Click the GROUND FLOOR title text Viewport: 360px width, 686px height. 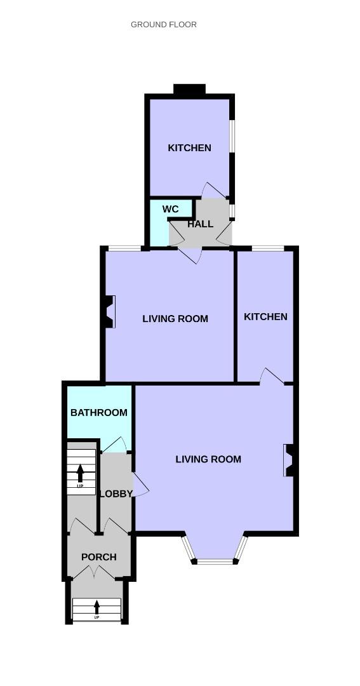coord(164,25)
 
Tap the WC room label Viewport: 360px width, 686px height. coord(170,209)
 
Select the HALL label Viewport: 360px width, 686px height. coord(201,224)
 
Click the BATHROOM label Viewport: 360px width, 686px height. coord(99,412)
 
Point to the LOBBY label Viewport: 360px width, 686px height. coord(116,494)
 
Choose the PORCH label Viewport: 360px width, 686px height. coord(99,557)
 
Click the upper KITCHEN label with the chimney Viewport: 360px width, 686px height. coord(189,148)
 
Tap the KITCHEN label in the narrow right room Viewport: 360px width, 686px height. coord(265,316)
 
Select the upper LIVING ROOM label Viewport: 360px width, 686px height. coord(175,318)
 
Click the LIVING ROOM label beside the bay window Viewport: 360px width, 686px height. coord(208,459)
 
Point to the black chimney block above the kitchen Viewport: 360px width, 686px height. coord(189,89)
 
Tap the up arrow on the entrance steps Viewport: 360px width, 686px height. coord(97,607)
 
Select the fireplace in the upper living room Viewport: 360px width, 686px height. coord(109,311)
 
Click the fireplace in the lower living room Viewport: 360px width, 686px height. coord(289,461)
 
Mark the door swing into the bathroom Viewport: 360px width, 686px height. coord(116,445)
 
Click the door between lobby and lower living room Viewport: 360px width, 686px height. coord(141,484)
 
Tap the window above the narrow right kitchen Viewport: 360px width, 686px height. coord(268,248)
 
